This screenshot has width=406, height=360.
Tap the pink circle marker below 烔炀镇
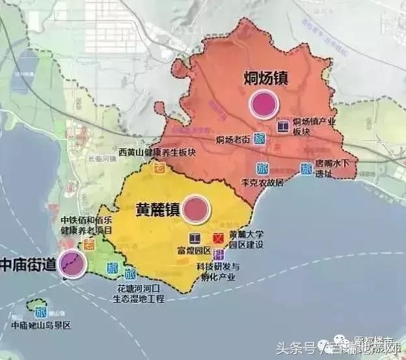[264, 104]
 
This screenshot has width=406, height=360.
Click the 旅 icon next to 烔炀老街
[260, 139]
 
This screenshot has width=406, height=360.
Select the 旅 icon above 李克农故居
[263, 167]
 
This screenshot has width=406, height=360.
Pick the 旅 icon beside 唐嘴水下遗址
[306, 168]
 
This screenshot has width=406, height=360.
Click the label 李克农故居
[262, 183]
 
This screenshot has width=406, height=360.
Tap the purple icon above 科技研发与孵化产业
[219, 254]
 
